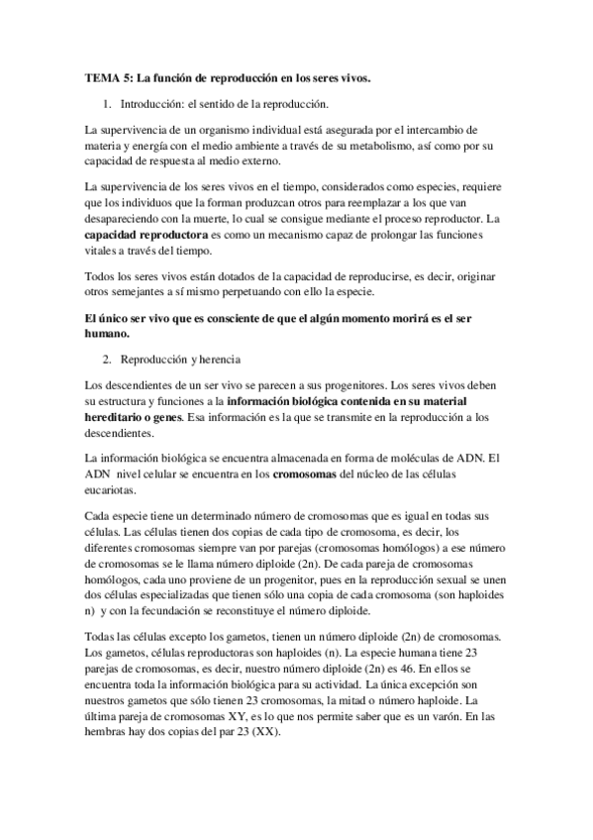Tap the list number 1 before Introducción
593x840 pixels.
pyautogui.click(x=108, y=103)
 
